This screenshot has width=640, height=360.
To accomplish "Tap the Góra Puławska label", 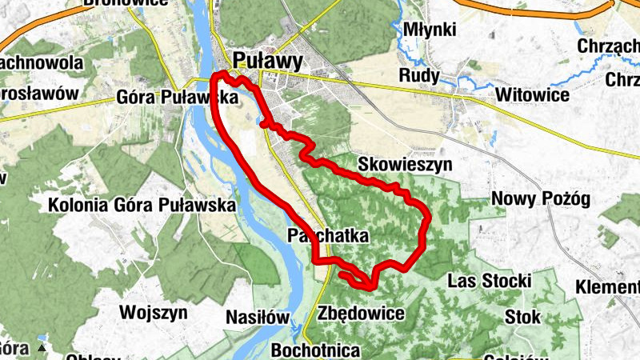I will pos(178,98).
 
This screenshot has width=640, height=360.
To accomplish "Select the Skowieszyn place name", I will pos(405,164).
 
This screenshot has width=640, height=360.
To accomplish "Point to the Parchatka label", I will pos(327,237).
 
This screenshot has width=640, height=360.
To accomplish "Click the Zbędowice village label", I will pos(360,313).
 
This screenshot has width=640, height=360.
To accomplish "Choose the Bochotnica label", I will pos(316,350).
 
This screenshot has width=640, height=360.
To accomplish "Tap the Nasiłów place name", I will pos(257,317).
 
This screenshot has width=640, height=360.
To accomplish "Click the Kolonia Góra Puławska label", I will pos(142,205).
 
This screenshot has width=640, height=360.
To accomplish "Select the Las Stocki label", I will pos(490,281).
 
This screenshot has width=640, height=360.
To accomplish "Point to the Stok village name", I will pos(522,316).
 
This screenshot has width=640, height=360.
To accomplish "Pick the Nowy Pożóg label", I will pos(541,198).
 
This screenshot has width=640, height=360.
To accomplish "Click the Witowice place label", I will pos(532,95).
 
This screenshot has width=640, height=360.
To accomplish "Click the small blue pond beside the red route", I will pos(263,123).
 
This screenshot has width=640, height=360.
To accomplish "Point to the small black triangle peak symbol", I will pos(40,350).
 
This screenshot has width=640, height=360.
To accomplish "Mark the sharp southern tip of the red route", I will pos(372,288).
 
